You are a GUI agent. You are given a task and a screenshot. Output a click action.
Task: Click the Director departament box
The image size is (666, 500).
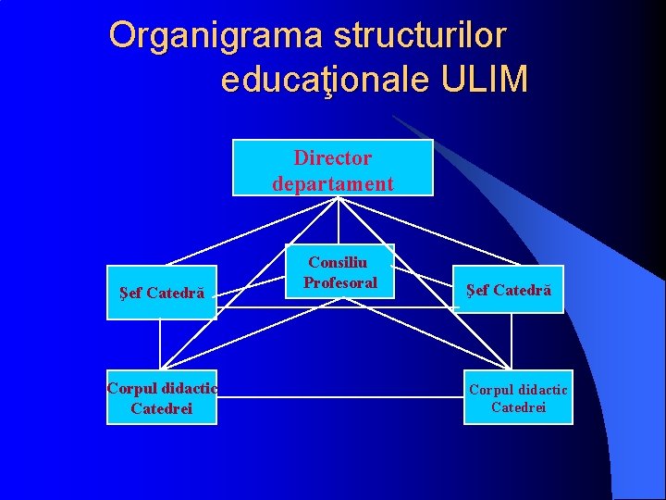click(332, 168)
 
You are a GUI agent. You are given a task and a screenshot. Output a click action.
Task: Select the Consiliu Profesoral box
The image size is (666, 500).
click(341, 272)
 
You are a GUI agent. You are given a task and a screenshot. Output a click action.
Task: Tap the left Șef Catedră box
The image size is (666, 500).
click(162, 293)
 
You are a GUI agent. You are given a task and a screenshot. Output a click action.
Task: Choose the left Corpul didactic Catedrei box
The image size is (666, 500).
click(162, 397)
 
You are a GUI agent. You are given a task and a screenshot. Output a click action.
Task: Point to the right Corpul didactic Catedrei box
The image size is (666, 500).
click(518, 397)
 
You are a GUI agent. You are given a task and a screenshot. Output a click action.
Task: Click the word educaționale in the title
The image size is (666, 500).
click(325, 81)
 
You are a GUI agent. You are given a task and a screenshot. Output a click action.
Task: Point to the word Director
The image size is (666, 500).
click(333, 157)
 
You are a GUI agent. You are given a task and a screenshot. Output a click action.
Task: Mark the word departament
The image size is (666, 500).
click(333, 183)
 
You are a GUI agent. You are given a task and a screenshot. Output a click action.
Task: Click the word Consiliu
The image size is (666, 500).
click(338, 263)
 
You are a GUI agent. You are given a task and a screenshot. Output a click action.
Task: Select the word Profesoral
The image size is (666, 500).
click(340, 282)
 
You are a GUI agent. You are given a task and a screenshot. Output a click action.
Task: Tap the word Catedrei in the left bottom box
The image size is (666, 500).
click(162, 408)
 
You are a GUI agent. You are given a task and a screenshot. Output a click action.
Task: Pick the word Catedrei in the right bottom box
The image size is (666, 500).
click(518, 407)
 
